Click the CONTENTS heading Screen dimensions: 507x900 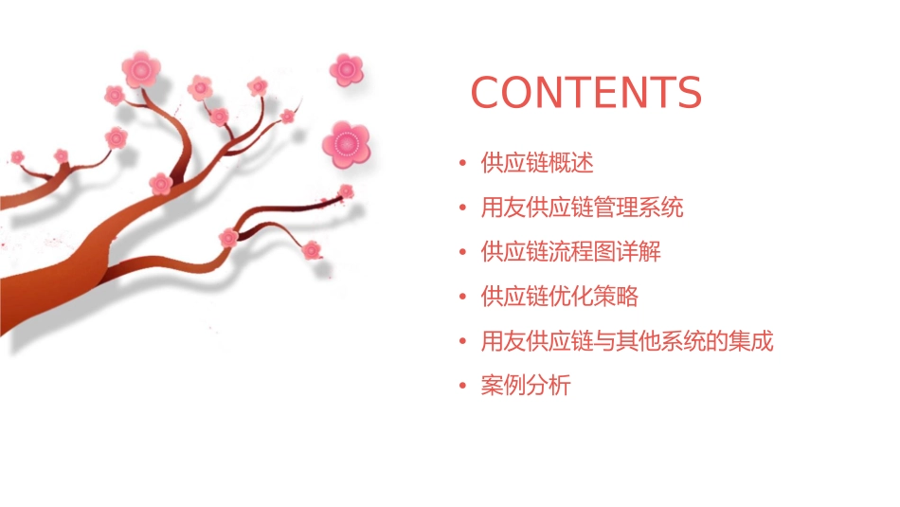[585, 93]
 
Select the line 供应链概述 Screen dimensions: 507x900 [537, 163]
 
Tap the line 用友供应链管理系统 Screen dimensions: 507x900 [582, 208]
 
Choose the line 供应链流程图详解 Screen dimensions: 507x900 [570, 252]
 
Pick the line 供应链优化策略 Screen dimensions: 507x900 [559, 297]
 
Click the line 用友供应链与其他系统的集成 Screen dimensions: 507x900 [626, 341]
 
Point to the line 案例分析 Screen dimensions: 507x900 [526, 386]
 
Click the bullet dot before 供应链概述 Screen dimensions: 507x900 [462, 164]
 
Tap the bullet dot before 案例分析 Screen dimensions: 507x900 [462, 387]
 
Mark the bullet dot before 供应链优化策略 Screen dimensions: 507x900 [462, 298]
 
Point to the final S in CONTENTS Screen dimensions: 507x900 [688, 93]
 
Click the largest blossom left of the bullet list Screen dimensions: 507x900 [345, 144]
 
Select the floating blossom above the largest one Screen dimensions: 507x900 [347, 69]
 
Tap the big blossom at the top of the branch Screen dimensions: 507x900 [141, 69]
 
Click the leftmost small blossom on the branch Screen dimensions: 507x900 [17, 156]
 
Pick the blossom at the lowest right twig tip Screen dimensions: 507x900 [312, 250]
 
